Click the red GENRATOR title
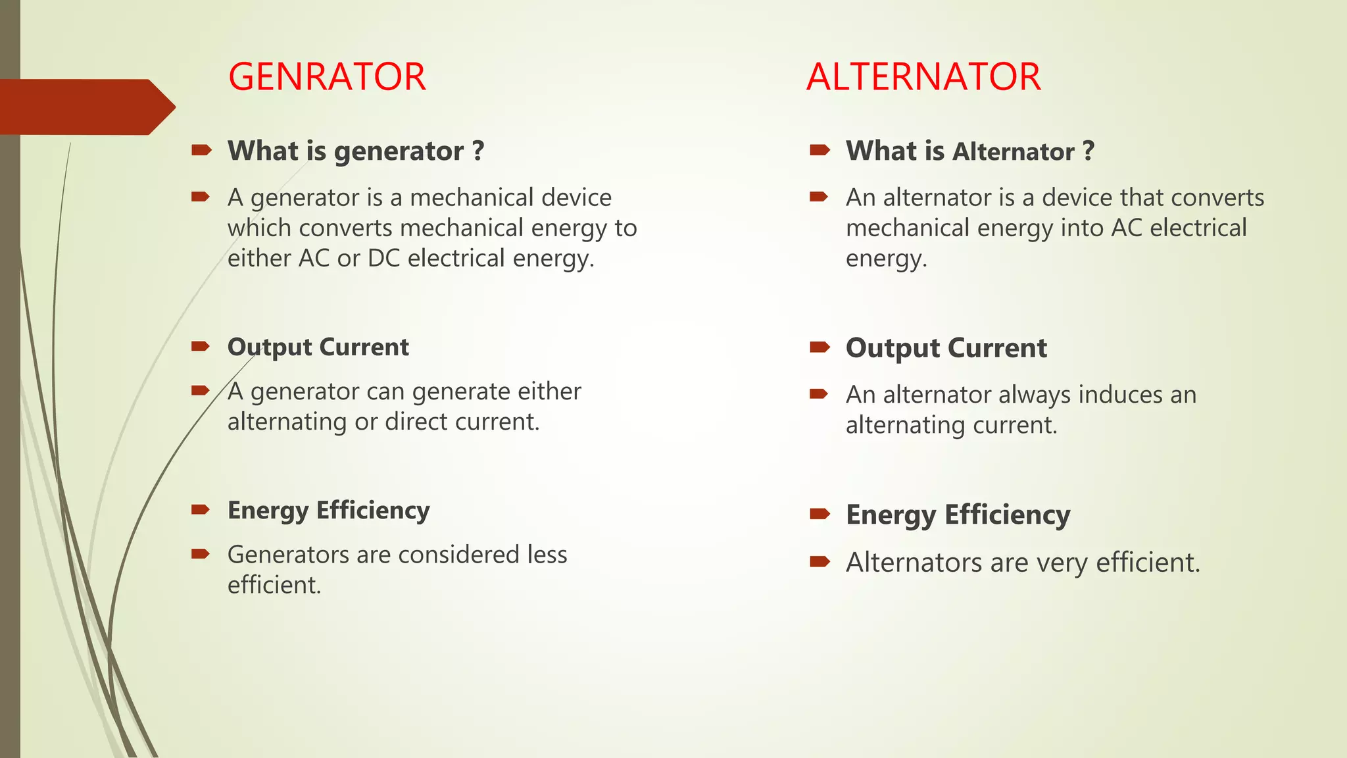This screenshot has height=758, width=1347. pos(327,77)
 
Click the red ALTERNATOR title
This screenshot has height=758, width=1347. pos(923,77)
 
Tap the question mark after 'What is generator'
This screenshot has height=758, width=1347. pos(478,151)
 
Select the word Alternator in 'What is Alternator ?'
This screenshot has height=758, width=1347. pos(1014,152)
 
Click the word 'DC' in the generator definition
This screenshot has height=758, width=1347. pos(384,258)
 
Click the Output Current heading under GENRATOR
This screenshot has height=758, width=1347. pos(318,347)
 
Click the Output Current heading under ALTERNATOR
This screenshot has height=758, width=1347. pos(946,348)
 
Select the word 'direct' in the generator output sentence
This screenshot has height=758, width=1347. pos(416,422)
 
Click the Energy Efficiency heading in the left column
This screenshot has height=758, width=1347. pos(328,511)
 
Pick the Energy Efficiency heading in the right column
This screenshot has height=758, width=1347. pos(958,515)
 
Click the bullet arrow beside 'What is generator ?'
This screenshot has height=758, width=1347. pos(201,151)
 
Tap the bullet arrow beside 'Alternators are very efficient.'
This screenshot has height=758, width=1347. pos(820,561)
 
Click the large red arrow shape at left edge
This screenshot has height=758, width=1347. pos(86,107)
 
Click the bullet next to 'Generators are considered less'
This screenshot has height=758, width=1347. pos(201,554)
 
